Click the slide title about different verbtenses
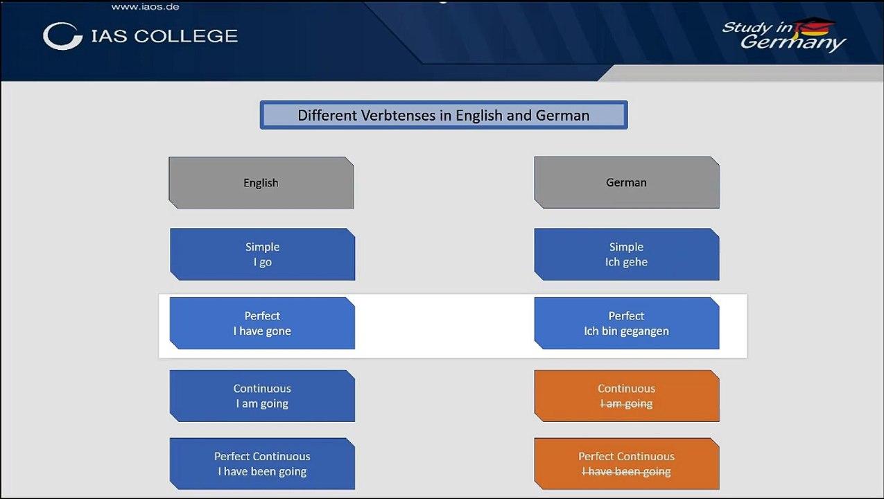tap(444, 115)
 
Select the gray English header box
tap(261, 183)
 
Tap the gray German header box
tap(626, 182)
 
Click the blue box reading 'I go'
tap(262, 254)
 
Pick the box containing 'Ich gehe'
tap(626, 254)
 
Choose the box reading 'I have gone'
tap(262, 323)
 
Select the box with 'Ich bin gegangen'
tap(626, 323)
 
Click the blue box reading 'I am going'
tap(262, 396)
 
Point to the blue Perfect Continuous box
tap(262, 464)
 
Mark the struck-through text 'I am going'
tap(626, 404)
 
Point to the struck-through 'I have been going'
tap(626, 472)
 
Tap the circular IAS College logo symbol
tap(62, 36)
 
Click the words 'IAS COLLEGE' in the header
tap(164, 36)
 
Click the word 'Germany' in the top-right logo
tap(792, 43)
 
